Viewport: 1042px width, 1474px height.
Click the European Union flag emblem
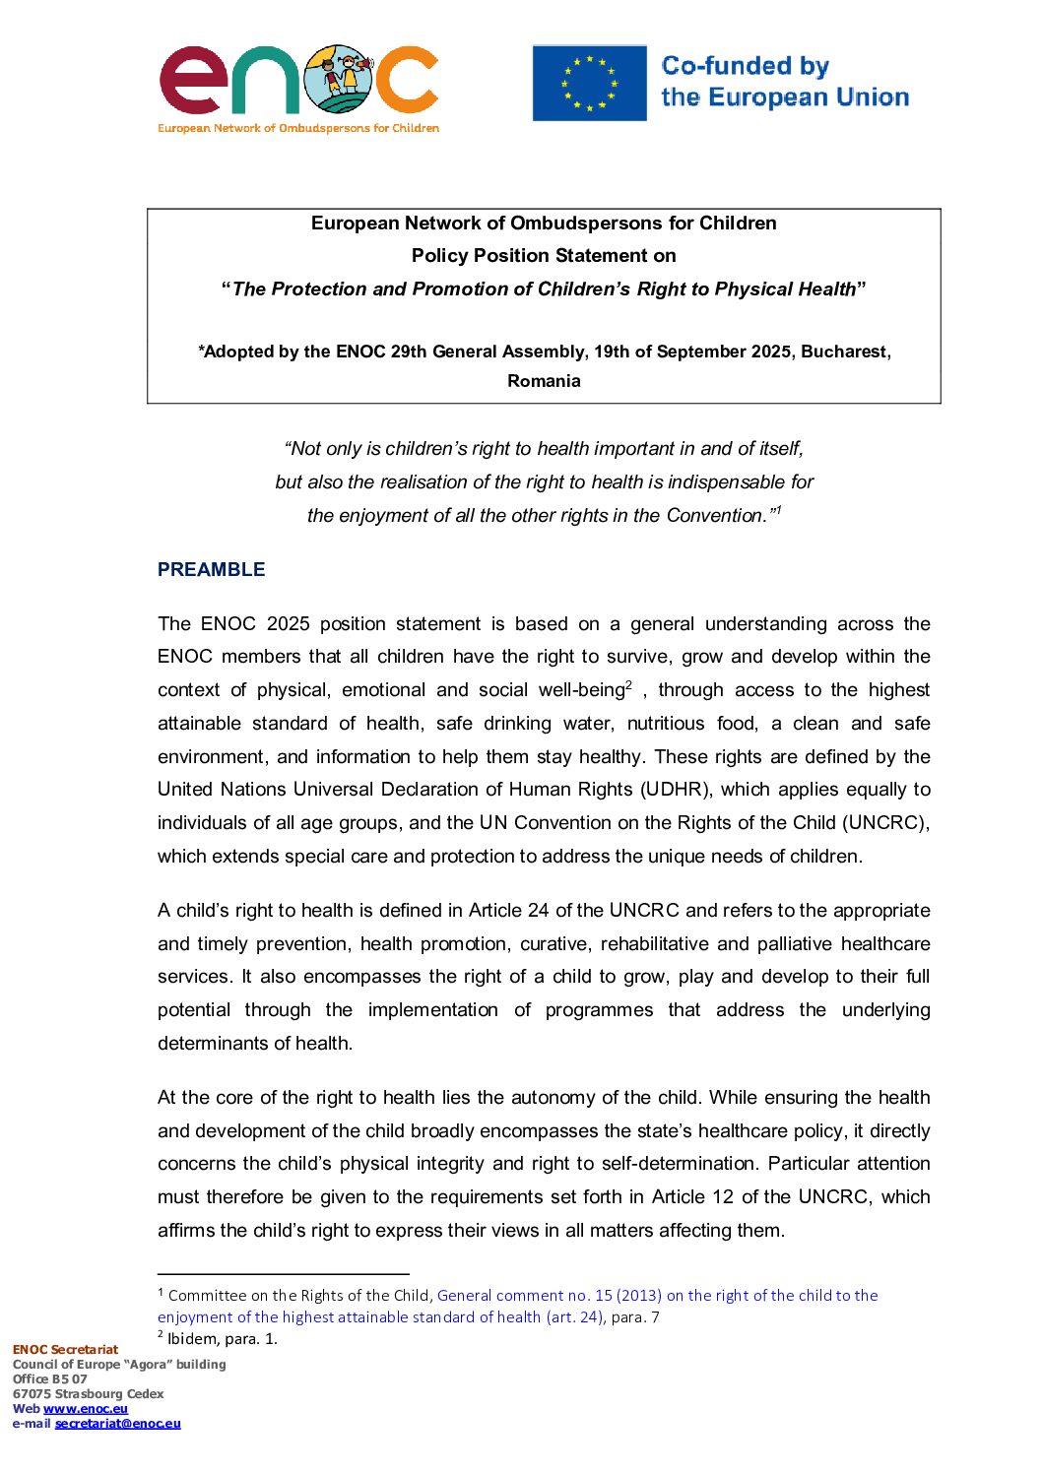click(x=589, y=83)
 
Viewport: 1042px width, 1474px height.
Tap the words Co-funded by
click(x=745, y=66)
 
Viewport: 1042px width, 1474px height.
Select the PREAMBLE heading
click(x=211, y=569)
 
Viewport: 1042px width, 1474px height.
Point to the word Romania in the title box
click(x=544, y=381)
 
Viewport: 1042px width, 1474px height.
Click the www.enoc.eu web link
click(x=86, y=1408)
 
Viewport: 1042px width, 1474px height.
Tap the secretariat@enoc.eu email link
click(x=117, y=1423)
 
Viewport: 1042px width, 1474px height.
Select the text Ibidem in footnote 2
click(x=192, y=1338)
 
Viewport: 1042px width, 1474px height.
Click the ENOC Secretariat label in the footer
click(x=65, y=1349)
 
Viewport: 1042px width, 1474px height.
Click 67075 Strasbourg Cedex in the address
click(x=88, y=1393)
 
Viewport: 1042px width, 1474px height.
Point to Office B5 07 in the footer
click(x=49, y=1378)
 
